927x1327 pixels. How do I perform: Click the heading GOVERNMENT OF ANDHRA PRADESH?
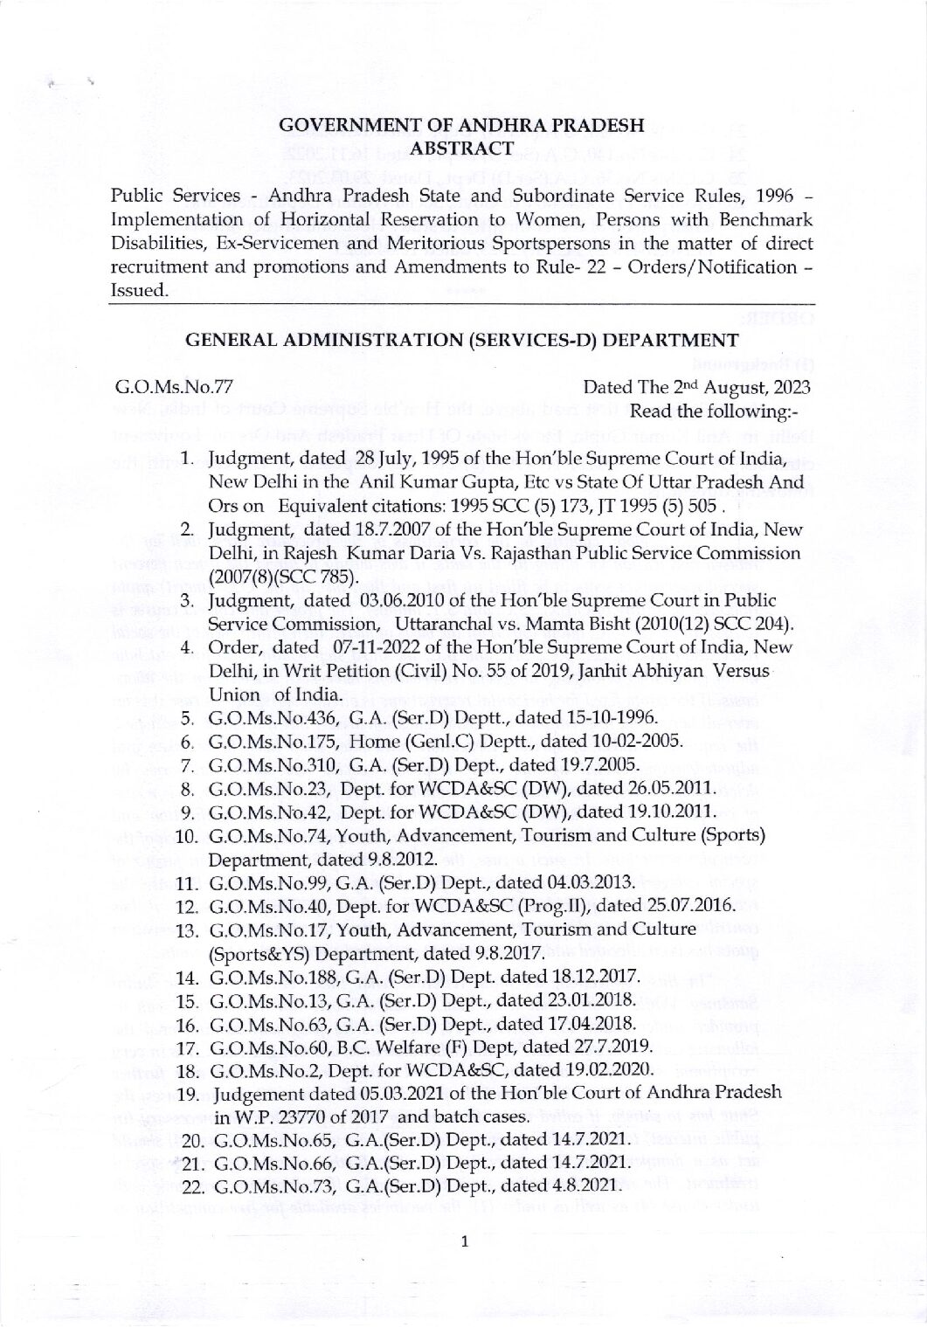[462, 127]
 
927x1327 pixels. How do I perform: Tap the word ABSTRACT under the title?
[462, 149]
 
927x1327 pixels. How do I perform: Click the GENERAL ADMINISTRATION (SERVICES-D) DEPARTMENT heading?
[462, 341]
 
